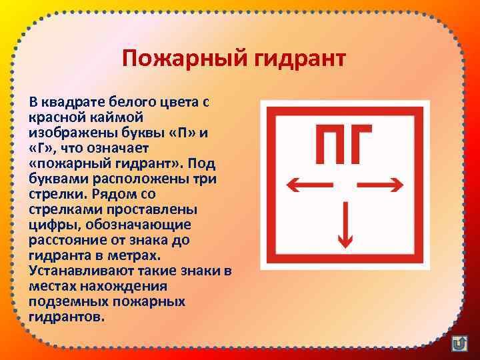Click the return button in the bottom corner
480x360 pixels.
(459, 344)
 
